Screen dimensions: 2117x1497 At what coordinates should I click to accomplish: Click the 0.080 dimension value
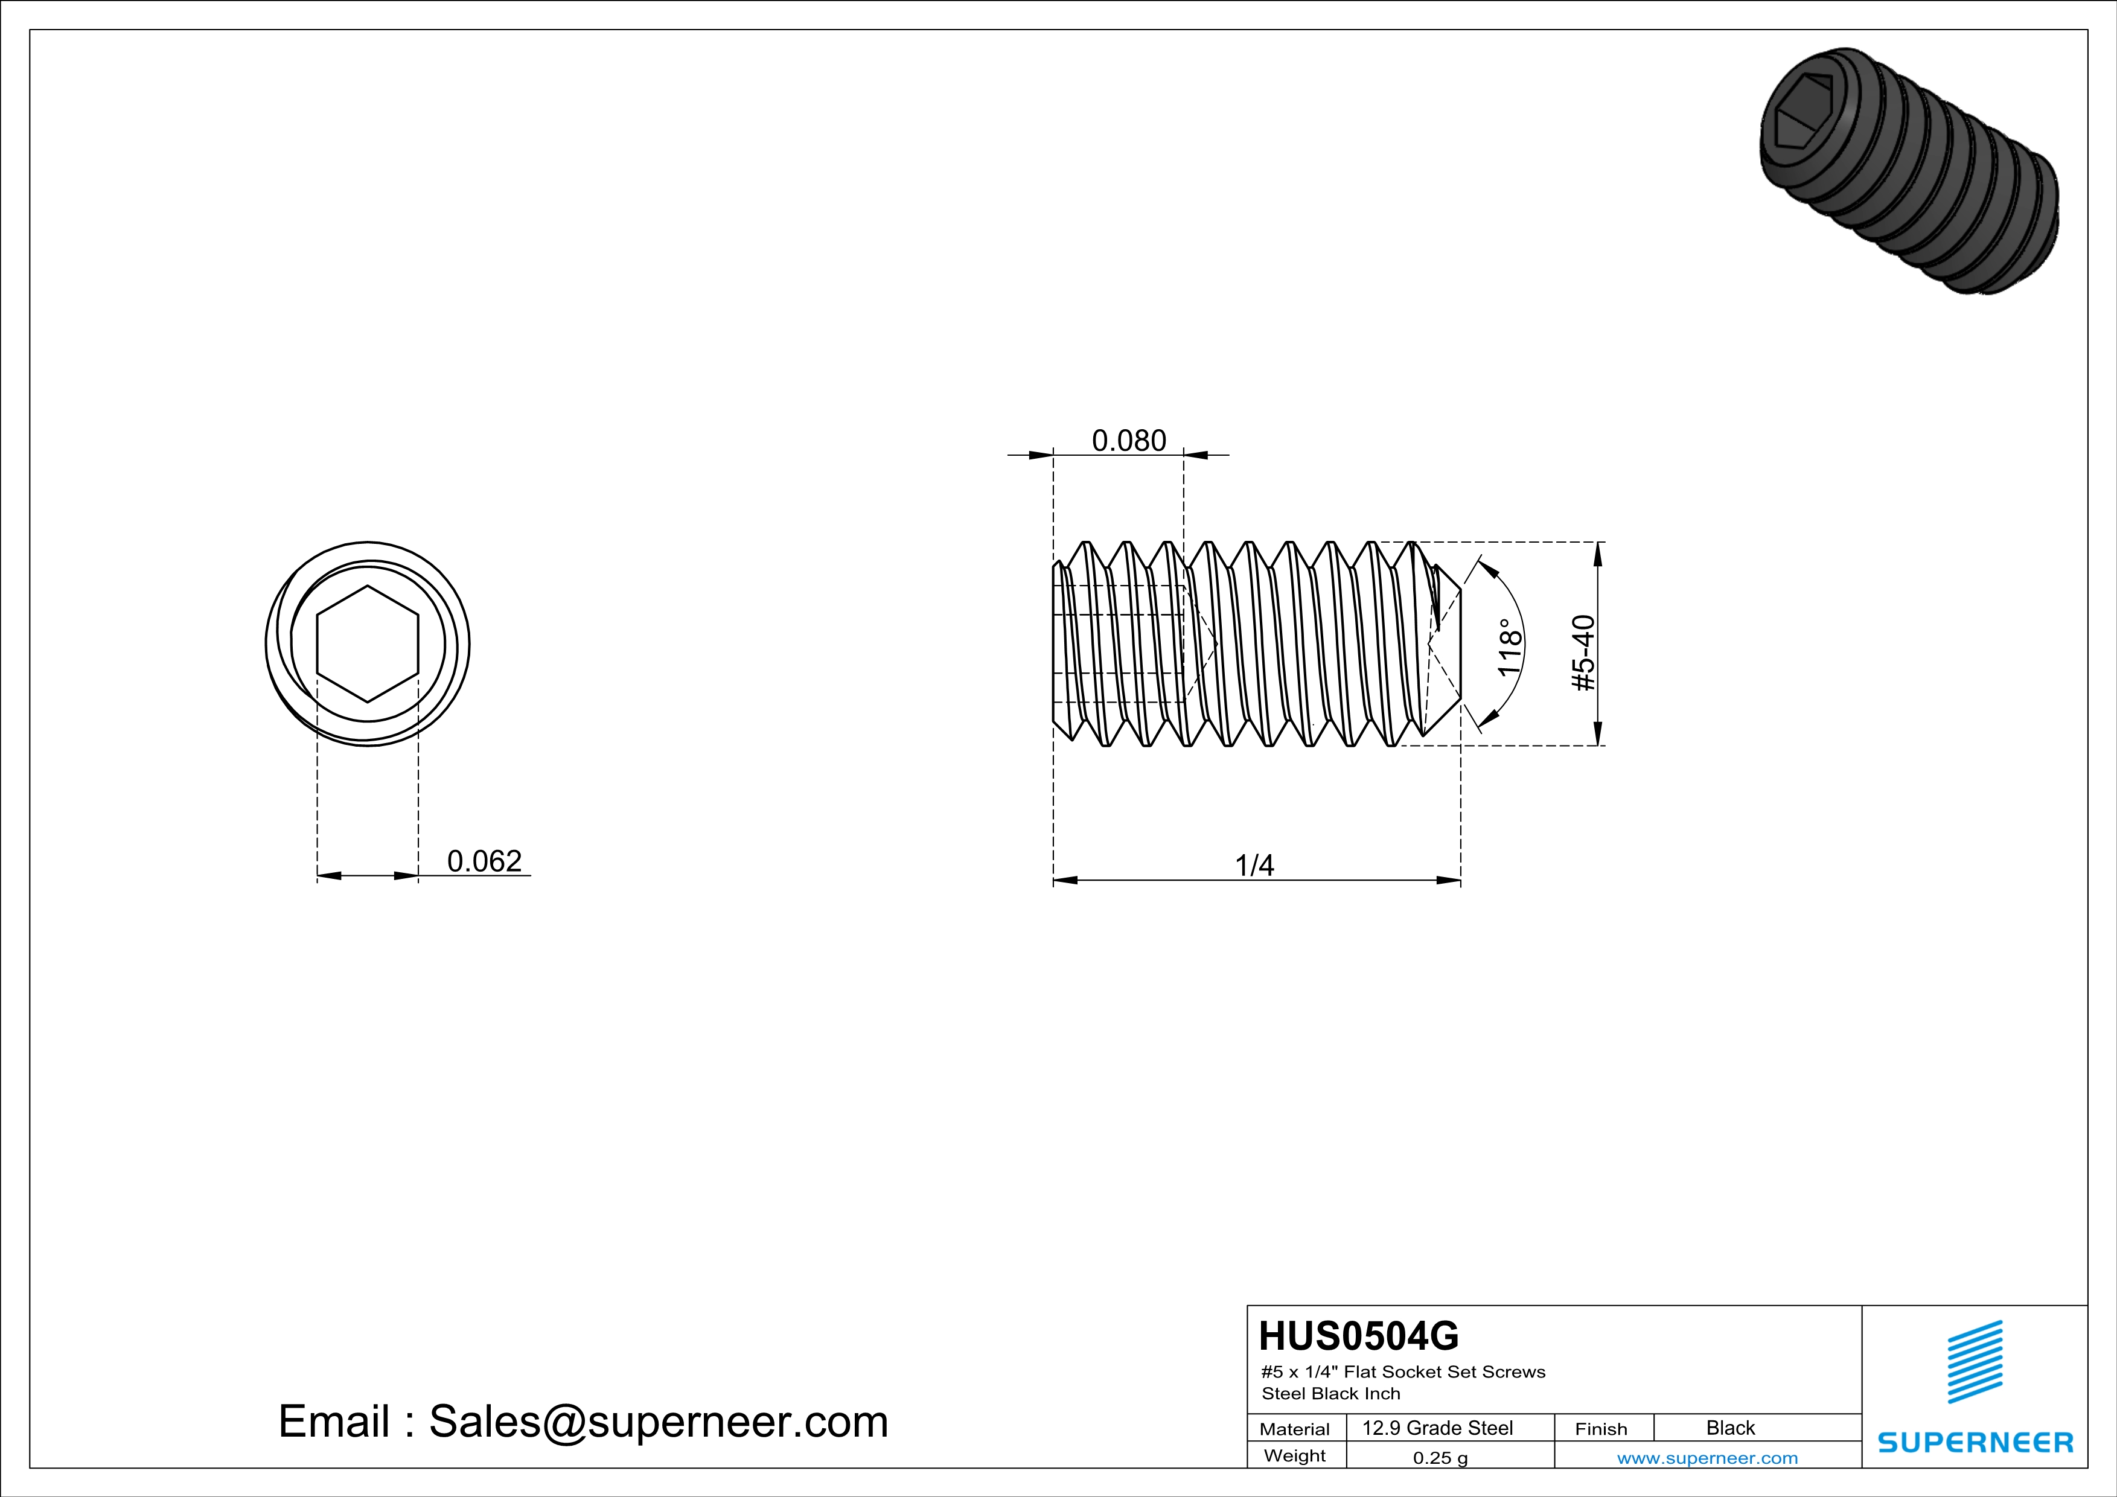(x=1129, y=441)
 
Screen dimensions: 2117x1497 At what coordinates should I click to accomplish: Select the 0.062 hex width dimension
(x=484, y=861)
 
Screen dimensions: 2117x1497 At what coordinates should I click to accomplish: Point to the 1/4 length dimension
(x=1254, y=866)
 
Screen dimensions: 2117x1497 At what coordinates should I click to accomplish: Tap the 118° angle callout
(x=1509, y=647)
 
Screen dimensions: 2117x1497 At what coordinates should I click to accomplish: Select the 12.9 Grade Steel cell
(x=1437, y=1428)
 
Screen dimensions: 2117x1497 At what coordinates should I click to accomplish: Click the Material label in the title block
(x=1295, y=1429)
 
